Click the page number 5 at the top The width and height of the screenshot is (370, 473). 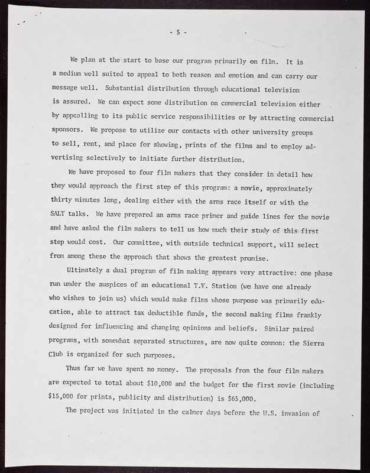click(178, 31)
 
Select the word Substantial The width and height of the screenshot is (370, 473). click(128, 89)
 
